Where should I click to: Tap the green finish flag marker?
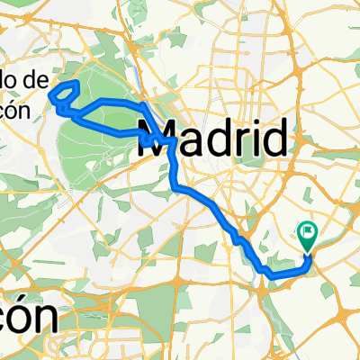[309, 236]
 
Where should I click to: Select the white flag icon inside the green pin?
[309, 231]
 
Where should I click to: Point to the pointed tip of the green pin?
[309, 251]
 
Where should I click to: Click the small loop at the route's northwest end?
[64, 94]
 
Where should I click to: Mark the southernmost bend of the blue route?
[268, 271]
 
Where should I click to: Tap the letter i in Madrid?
[252, 139]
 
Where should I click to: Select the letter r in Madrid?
[236, 141]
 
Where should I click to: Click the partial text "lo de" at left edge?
[23, 80]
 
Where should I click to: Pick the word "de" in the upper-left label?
[34, 80]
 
